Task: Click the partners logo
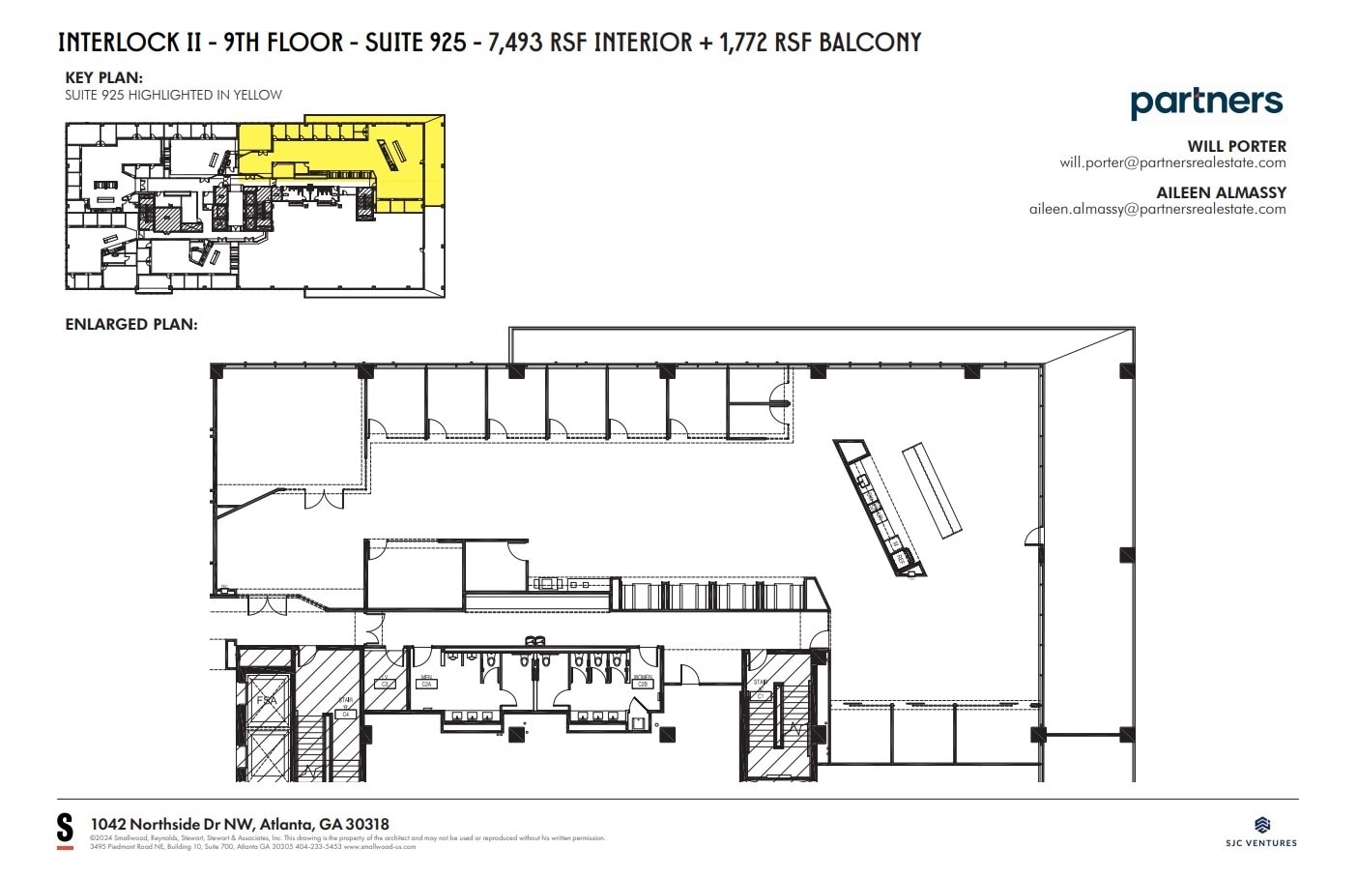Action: (1206, 102)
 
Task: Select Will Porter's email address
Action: (1172, 162)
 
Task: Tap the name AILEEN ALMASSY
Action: (1221, 192)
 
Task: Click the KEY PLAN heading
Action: (103, 77)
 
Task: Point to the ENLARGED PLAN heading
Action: (131, 324)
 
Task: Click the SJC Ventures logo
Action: (1261, 831)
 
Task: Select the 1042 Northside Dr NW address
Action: (240, 824)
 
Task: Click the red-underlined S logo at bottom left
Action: (65, 831)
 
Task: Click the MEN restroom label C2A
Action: (426, 682)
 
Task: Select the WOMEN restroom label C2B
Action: (643, 682)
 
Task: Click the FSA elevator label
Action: (266, 700)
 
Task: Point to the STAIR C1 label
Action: (760, 689)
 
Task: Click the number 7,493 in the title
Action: (515, 43)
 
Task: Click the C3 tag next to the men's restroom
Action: (384, 682)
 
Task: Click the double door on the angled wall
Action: (324, 501)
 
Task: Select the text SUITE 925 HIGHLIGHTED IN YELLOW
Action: (173, 95)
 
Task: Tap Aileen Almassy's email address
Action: (1157, 209)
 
